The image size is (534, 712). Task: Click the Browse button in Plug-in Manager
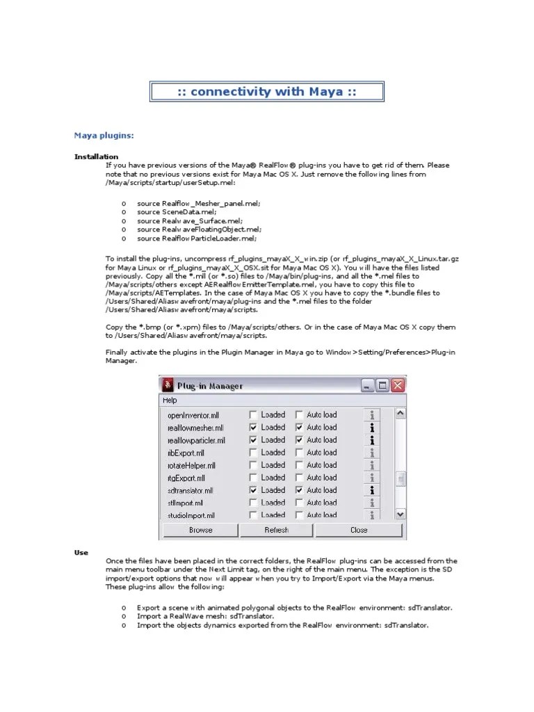click(x=200, y=530)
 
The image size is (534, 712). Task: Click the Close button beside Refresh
click(x=359, y=530)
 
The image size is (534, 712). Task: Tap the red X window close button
click(x=398, y=385)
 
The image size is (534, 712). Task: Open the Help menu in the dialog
click(x=170, y=400)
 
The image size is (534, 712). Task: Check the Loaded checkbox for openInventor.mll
click(x=254, y=415)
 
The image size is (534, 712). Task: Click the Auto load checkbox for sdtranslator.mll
click(x=300, y=490)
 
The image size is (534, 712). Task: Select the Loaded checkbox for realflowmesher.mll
click(x=254, y=428)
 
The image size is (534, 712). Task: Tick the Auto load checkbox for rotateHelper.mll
click(x=300, y=465)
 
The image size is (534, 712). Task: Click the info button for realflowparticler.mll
click(x=373, y=440)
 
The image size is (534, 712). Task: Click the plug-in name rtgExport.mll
click(x=186, y=478)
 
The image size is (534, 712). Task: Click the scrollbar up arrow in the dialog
click(x=400, y=414)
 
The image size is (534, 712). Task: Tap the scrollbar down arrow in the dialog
click(x=400, y=514)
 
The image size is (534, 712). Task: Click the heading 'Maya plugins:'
click(x=104, y=135)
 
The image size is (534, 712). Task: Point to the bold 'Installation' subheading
click(x=96, y=156)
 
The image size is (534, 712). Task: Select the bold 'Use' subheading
click(x=81, y=552)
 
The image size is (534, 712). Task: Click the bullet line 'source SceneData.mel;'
click(x=177, y=211)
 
